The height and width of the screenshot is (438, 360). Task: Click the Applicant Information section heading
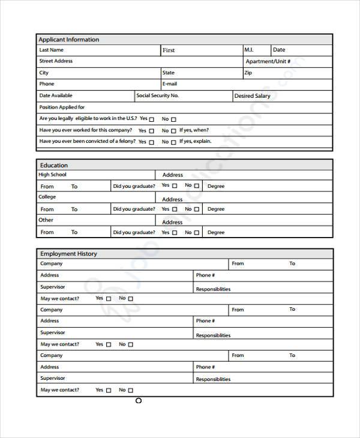(x=69, y=40)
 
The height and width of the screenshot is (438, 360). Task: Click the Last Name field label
(x=51, y=50)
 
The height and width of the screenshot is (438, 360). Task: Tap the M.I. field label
(x=249, y=50)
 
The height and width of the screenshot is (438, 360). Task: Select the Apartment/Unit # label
(x=268, y=62)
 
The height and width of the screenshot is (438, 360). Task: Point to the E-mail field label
(x=170, y=85)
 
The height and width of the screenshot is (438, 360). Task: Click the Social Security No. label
(x=157, y=96)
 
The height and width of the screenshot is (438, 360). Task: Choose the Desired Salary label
(x=252, y=96)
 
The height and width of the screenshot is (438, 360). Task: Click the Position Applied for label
(x=62, y=107)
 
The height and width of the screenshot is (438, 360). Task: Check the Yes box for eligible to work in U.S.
(x=151, y=119)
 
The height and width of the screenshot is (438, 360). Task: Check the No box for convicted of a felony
(x=173, y=142)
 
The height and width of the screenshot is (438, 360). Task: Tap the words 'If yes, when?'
(x=194, y=130)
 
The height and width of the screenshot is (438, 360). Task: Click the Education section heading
(x=53, y=165)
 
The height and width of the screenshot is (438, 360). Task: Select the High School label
(x=53, y=175)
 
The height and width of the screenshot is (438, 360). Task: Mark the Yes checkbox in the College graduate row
(x=174, y=209)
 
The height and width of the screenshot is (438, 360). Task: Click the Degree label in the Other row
(x=216, y=232)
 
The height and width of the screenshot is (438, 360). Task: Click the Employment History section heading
(x=68, y=254)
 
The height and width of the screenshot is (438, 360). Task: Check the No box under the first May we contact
(x=131, y=299)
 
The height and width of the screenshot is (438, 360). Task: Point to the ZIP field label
(x=248, y=73)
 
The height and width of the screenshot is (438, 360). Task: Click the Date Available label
(x=56, y=96)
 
